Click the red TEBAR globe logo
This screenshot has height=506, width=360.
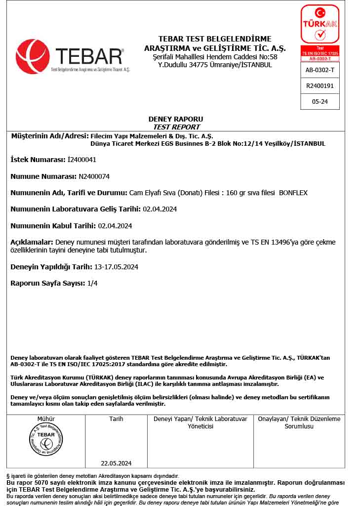[33, 56]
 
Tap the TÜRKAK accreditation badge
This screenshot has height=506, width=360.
[320, 25]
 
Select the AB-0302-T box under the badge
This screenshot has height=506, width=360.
[320, 70]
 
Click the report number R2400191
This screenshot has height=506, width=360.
[320, 85]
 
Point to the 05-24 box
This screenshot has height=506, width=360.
[320, 101]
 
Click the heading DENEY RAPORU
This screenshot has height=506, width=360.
[175, 119]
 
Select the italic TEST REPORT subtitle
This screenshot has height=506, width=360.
[176, 127]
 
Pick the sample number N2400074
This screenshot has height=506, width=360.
[94, 176]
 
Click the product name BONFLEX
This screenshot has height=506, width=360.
[293, 193]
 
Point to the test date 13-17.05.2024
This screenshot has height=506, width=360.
[116, 267]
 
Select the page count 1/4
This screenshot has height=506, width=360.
[92, 284]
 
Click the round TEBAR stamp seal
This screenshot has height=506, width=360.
[46, 439]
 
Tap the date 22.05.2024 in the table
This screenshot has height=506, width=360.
[116, 463]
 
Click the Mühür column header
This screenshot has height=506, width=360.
[46, 419]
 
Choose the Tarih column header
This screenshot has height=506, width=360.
[116, 419]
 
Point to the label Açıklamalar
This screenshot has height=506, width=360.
[32, 242]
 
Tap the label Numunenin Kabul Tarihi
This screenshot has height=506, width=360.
[53, 226]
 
